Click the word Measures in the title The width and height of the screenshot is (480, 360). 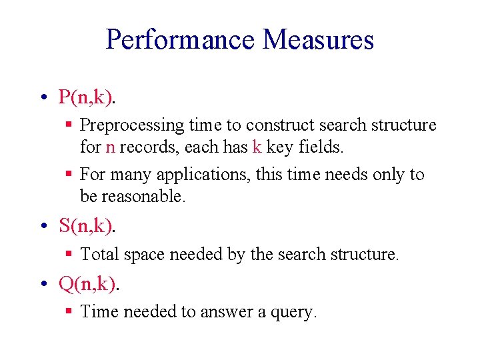[x=318, y=39]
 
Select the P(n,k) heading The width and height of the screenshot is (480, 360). [x=86, y=97]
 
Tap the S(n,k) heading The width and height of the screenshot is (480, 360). [x=86, y=226]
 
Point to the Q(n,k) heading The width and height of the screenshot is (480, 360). [x=87, y=285]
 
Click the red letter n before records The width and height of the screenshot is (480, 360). [x=111, y=147]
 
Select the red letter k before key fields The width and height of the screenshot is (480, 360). [x=257, y=147]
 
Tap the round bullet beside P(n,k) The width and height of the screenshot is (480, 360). [x=43, y=98]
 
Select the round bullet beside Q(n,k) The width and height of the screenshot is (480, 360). [x=43, y=285]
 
